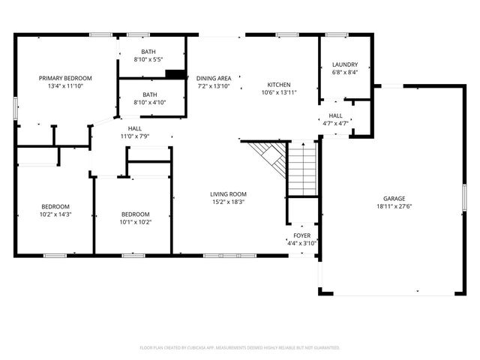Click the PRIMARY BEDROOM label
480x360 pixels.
coord(66,78)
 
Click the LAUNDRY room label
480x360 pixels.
coord(345,64)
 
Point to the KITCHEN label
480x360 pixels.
coord(280,85)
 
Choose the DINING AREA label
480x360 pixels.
coord(214,78)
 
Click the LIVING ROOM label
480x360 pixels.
coord(228,193)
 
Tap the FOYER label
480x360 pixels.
coord(302,235)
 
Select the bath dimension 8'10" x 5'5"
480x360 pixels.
coord(148,59)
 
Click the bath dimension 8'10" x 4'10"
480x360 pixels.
coord(148,102)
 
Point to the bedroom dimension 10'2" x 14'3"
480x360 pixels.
coord(55,214)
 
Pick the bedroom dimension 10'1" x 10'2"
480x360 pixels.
coord(136,221)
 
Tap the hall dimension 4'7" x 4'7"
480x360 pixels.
coord(335,123)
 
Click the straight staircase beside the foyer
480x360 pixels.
coord(303,169)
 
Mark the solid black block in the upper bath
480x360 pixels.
coord(175,73)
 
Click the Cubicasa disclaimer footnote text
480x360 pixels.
coord(240,348)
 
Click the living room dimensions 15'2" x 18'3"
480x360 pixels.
coord(228,202)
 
